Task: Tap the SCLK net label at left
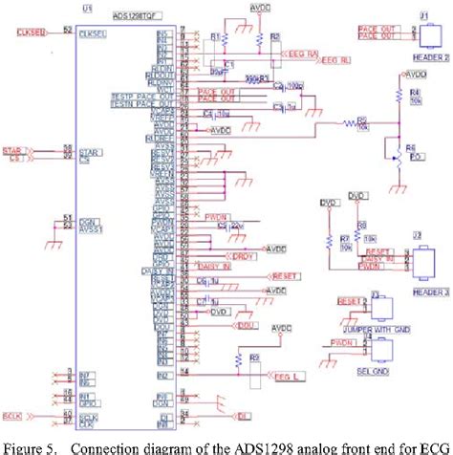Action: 13,417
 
